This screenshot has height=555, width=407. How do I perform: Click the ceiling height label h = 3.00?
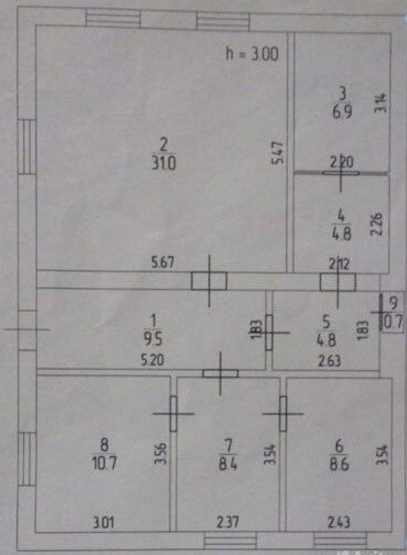[251, 54]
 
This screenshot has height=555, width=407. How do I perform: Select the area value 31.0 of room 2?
[164, 162]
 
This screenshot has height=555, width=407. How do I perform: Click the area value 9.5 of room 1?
[153, 339]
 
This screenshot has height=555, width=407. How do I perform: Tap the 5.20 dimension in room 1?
[153, 359]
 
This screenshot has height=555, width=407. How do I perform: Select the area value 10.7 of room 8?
[105, 463]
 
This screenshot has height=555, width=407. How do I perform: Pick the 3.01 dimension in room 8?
[104, 523]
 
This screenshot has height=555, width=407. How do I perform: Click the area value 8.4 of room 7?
[228, 464]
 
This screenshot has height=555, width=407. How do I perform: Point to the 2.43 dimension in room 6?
[339, 523]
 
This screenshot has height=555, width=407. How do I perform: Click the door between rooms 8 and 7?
[173, 414]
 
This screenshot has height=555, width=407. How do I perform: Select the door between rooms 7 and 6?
[282, 414]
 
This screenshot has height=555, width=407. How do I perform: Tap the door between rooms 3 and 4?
[341, 173]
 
